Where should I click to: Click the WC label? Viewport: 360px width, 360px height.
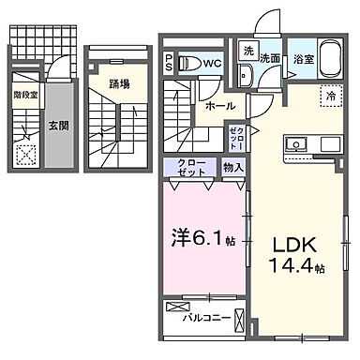[212, 64]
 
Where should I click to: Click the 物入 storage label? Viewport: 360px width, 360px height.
[233, 168]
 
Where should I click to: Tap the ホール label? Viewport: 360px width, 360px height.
[221, 107]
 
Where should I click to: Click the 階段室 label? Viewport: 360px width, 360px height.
[26, 94]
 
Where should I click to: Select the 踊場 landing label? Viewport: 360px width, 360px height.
[119, 82]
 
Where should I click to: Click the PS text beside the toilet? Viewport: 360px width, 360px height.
[169, 62]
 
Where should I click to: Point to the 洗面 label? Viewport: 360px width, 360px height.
[271, 58]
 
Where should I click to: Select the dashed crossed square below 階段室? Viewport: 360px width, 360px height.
[26, 155]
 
